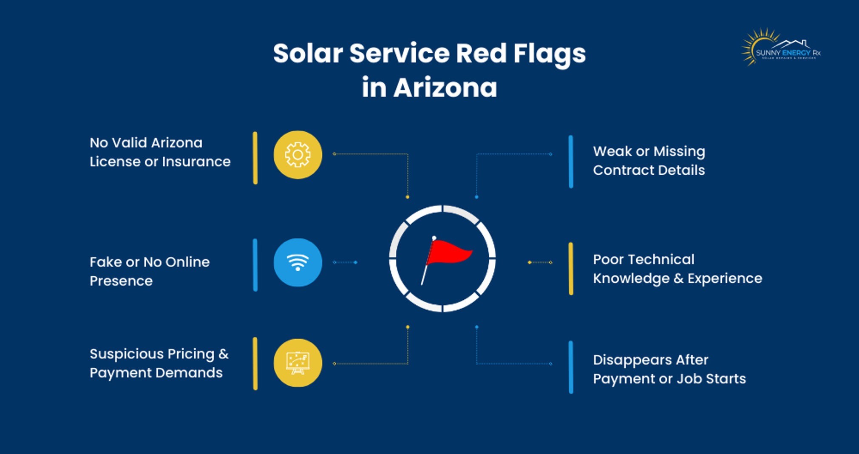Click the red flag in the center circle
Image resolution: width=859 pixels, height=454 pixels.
pos(448,253)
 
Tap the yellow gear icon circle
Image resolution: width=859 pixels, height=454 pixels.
pos(298,155)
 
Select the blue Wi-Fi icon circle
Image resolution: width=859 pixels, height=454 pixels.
pos(298,262)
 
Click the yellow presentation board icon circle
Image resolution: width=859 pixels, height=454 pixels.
pos(298,363)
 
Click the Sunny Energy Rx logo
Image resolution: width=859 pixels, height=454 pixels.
pos(781,48)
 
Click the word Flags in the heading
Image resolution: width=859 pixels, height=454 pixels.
pos(549,54)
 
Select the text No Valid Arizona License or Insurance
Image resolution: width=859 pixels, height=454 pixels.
pos(160,152)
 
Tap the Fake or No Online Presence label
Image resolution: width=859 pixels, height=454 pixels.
pos(150,271)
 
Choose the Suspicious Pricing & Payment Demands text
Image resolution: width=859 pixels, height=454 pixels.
pos(159,363)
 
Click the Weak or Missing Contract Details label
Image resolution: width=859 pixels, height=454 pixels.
pos(649,161)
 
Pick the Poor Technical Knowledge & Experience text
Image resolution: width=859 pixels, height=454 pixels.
pos(677,269)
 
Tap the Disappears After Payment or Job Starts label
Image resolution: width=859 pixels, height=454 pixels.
pos(669,369)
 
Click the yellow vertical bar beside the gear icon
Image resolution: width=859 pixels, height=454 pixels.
pos(255,158)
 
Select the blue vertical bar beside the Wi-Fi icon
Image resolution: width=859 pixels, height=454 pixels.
pos(255,265)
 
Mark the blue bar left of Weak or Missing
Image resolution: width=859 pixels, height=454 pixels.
pos(571,162)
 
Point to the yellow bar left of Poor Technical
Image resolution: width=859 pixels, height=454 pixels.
pos(571,269)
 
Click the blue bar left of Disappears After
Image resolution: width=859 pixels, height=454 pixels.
pos(571,367)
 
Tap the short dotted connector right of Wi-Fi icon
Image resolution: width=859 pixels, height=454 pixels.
pos(345,262)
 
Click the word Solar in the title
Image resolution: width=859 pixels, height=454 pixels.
pos(308,54)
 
